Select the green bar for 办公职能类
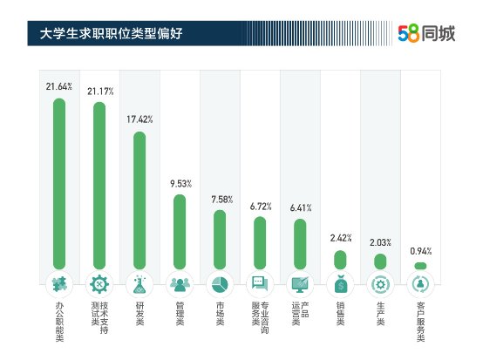59,184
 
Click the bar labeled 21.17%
99,187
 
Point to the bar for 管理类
180,232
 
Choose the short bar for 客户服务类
420,266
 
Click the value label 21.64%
59,86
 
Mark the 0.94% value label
420,251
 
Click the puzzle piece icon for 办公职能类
59,284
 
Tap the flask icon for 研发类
139,284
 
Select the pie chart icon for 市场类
220,284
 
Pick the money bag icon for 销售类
340,284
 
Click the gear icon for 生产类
380,284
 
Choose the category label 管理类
180,315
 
